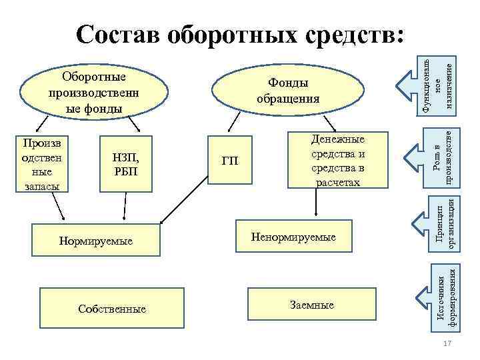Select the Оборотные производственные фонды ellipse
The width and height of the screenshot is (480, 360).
pos(94,91)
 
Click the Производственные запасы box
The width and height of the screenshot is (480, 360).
pos(41,164)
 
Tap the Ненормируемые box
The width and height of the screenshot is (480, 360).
pos(293,237)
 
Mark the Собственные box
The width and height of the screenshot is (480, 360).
pos(111,309)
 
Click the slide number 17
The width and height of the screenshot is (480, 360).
pos(447,343)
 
